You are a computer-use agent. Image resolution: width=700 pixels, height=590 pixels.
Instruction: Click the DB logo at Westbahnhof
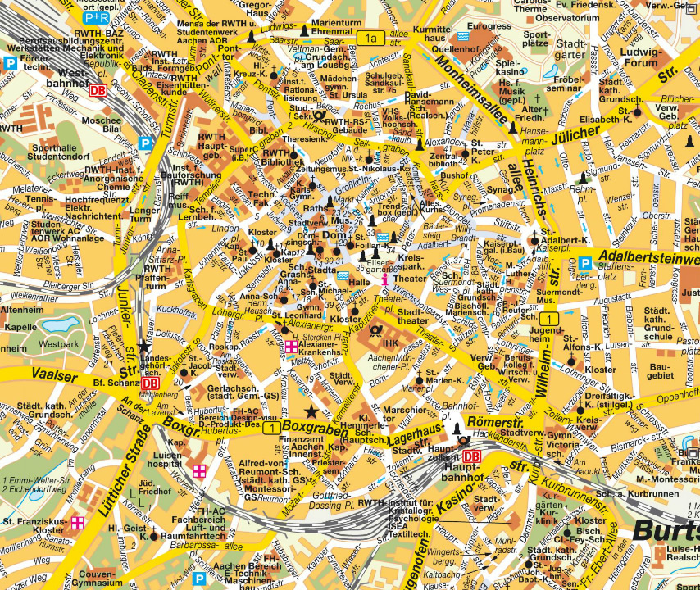click(x=98, y=91)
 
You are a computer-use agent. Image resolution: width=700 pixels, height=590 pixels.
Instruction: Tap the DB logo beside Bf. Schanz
click(x=150, y=383)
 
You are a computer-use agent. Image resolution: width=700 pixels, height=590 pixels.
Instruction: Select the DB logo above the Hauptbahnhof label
click(x=471, y=456)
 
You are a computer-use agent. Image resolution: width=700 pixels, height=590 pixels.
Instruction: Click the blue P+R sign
click(x=96, y=16)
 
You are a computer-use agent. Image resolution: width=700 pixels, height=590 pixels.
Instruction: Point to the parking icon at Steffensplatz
click(x=585, y=263)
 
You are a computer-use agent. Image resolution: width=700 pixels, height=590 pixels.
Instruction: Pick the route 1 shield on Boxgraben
click(x=270, y=427)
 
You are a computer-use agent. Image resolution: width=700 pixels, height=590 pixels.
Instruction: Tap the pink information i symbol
click(x=384, y=279)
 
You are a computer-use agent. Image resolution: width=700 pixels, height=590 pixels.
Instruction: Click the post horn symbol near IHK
click(x=375, y=331)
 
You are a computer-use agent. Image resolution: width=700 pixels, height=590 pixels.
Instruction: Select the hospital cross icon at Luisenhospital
click(x=199, y=470)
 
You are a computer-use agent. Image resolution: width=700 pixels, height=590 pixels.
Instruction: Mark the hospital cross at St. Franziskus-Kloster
click(x=78, y=522)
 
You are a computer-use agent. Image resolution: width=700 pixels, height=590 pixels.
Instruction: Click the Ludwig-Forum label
click(x=640, y=58)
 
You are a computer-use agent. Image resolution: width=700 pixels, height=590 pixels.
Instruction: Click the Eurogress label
click(x=489, y=26)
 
